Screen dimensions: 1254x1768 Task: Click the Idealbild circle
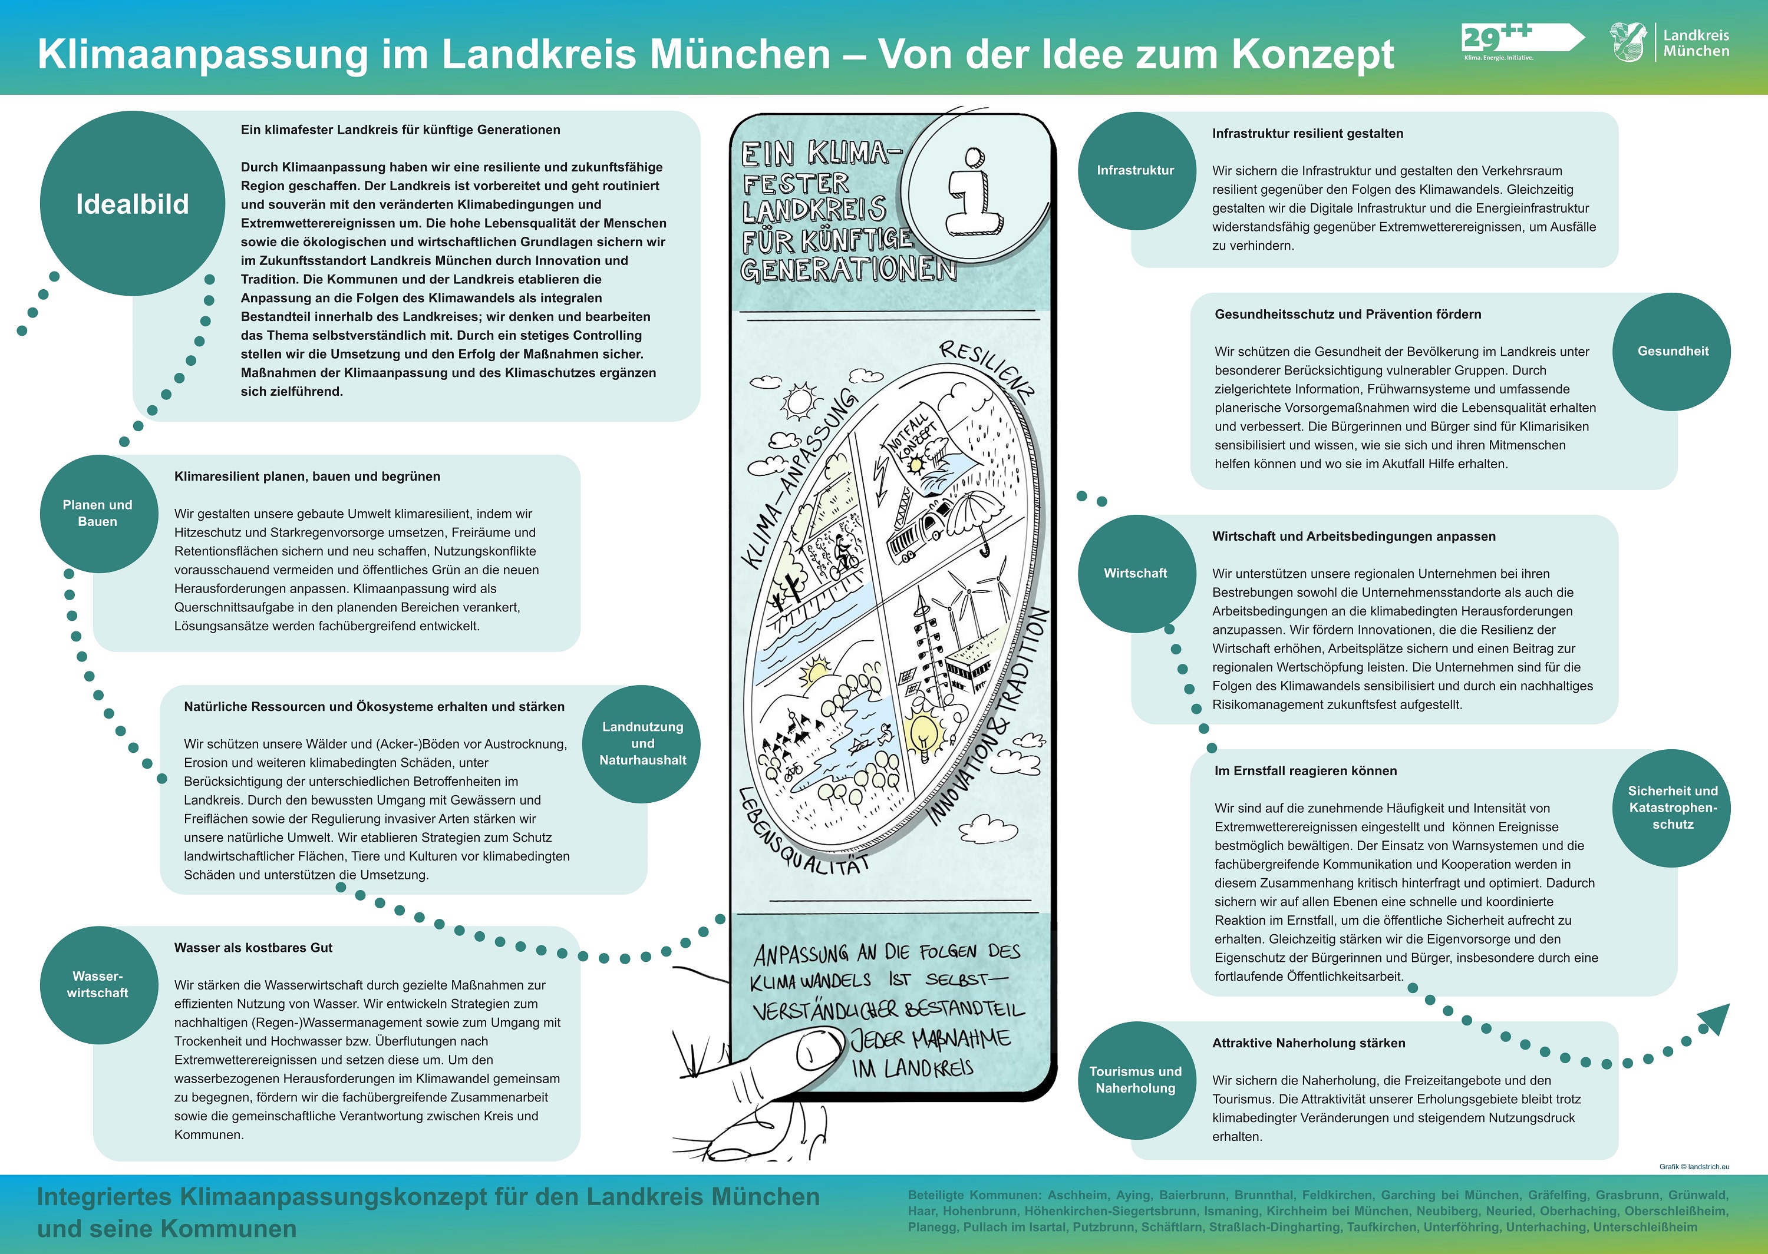(x=132, y=203)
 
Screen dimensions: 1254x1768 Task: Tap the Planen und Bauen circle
(x=98, y=514)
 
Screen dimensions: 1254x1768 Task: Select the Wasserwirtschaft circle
(x=98, y=984)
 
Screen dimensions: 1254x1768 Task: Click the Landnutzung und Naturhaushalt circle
(x=642, y=743)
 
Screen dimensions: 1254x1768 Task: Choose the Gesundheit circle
(x=1672, y=351)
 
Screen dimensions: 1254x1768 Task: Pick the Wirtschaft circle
(x=1136, y=573)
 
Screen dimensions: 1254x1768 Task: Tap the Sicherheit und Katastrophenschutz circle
(x=1672, y=808)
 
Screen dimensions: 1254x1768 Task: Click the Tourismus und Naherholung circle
(x=1136, y=1080)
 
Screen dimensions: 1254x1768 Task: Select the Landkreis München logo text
(x=1696, y=43)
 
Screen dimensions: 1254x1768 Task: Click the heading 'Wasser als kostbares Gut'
(x=253, y=948)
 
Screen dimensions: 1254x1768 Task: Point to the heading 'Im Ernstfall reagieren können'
(x=1305, y=770)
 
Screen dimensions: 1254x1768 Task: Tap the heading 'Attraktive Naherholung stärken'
(x=1308, y=1043)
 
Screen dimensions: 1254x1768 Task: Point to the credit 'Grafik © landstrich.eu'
(x=1694, y=1167)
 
